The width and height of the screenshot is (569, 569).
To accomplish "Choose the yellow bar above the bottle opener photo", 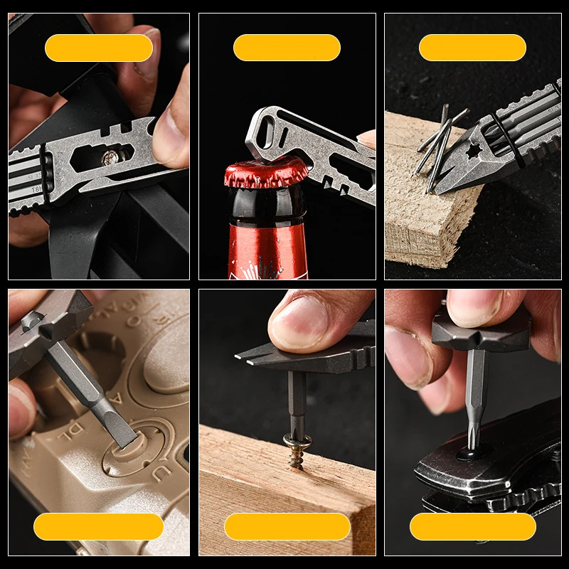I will [x=287, y=48].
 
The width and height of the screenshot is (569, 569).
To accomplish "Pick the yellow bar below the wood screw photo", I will [x=287, y=526].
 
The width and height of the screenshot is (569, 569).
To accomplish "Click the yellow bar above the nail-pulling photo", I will [x=472, y=48].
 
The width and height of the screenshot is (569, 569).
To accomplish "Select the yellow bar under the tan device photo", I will [x=98, y=526].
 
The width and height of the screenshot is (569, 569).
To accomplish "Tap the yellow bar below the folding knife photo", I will [x=472, y=526].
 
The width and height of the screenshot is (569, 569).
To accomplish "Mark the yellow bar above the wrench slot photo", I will [x=98, y=48].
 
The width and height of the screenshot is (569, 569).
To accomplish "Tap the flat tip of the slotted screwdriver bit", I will [x=126, y=437].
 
